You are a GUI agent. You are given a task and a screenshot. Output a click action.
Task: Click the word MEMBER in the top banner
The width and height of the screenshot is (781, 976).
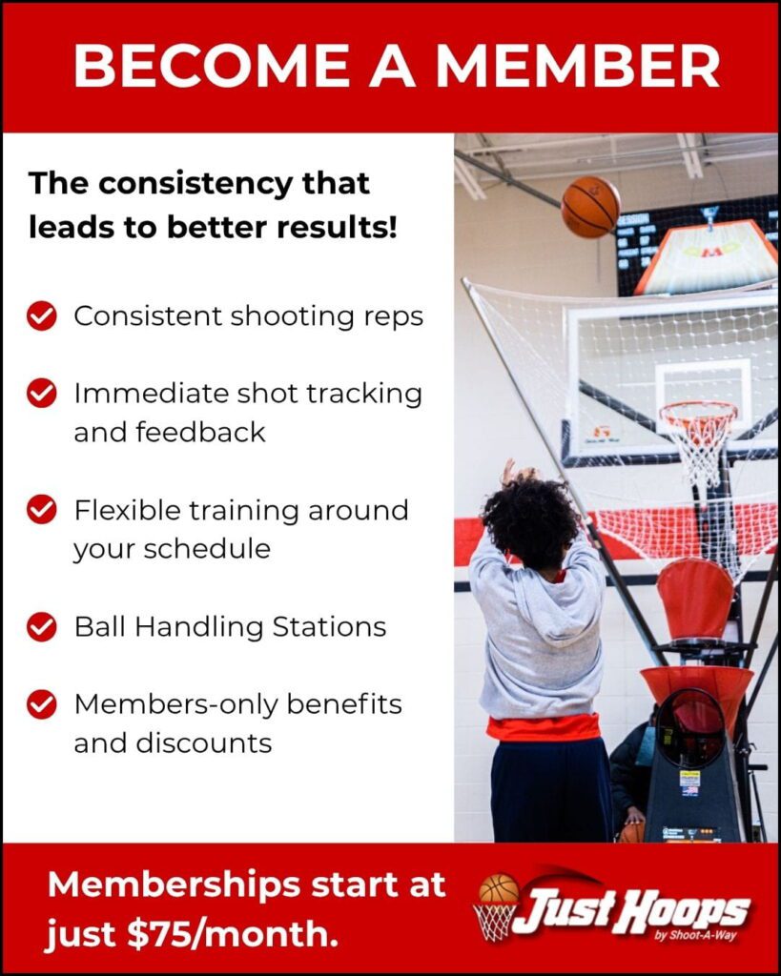tap(578, 66)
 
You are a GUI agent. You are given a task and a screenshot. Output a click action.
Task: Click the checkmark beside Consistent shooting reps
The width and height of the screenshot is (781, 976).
tap(42, 316)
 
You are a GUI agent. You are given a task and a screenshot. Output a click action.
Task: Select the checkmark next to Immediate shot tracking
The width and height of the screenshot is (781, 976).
tap(42, 394)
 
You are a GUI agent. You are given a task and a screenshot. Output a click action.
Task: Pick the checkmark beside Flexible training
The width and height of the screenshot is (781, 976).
tap(42, 510)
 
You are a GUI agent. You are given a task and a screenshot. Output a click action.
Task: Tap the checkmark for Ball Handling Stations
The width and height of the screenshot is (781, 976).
tap(42, 627)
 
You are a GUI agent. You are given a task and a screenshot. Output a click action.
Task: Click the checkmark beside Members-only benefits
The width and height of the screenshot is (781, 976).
tap(42, 704)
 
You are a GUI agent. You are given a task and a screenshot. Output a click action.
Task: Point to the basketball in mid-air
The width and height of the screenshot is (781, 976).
tap(590, 207)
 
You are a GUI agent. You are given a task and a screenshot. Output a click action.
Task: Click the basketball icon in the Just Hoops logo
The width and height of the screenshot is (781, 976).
tap(499, 889)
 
